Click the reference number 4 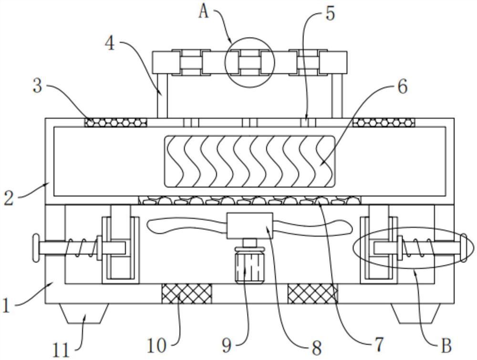(x=110, y=43)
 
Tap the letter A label (x=204, y=11)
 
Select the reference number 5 (x=330, y=13)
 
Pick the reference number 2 (x=9, y=197)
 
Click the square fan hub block (x=249, y=225)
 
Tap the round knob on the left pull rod (x=34, y=248)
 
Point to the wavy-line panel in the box (x=249, y=161)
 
